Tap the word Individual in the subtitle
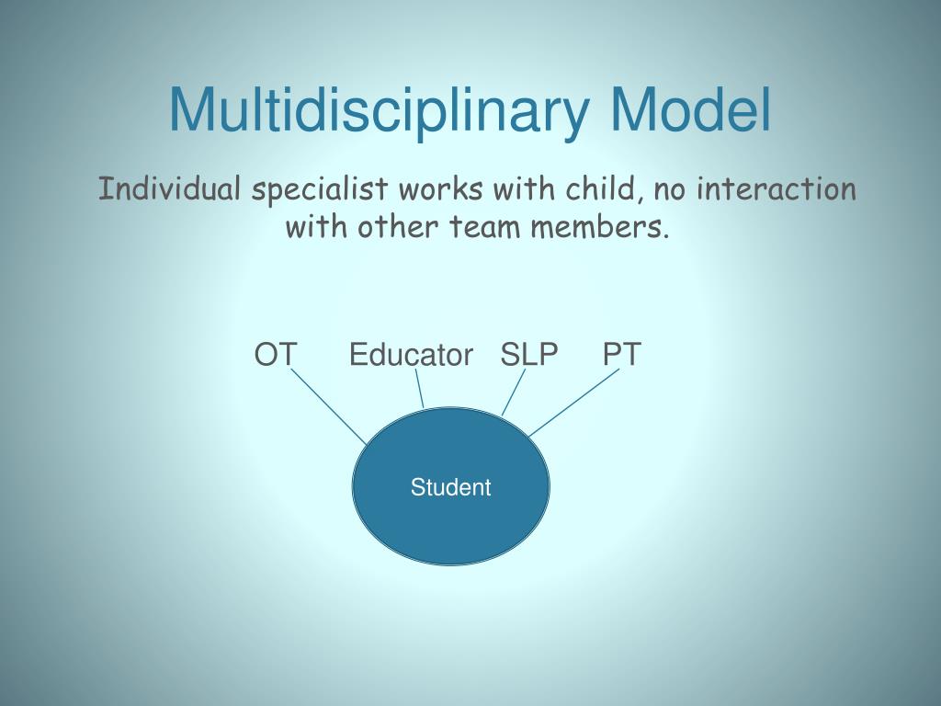(171, 189)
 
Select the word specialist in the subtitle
(320, 190)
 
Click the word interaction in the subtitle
(777, 189)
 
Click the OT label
(276, 355)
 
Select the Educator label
(411, 355)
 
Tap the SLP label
(529, 355)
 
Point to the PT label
(622, 355)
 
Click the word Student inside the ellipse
(450, 487)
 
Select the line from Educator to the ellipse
(418, 388)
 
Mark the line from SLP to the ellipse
(514, 393)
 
